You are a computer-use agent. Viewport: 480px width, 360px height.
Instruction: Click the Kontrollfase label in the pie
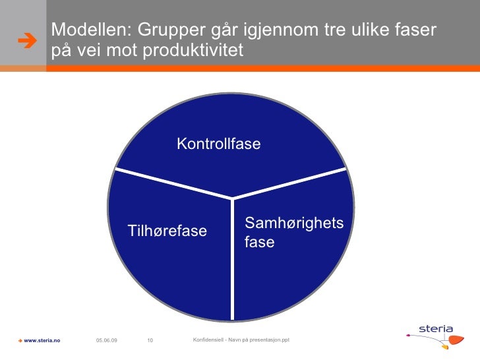coord(218,144)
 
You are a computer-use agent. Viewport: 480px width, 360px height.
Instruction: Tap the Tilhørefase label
coord(167,231)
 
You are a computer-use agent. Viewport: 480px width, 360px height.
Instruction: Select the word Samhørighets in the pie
coord(294,223)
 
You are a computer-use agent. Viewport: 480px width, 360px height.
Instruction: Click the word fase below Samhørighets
coord(259,243)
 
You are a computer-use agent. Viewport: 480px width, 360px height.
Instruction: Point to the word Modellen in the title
coord(84,30)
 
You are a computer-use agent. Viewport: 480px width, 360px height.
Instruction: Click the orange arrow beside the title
coord(26,40)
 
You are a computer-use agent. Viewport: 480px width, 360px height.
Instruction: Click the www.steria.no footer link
coord(42,340)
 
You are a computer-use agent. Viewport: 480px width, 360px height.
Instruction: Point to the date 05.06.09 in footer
coord(106,340)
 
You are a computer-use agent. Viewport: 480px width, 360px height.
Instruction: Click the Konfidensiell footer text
coord(240,339)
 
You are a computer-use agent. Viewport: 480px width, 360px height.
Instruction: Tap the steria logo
coord(436,329)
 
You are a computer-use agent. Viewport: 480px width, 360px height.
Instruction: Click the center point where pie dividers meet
coord(233,198)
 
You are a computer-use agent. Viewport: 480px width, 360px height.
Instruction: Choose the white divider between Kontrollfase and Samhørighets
coord(290,183)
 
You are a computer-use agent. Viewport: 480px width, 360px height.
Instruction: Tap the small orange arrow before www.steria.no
coord(20,340)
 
